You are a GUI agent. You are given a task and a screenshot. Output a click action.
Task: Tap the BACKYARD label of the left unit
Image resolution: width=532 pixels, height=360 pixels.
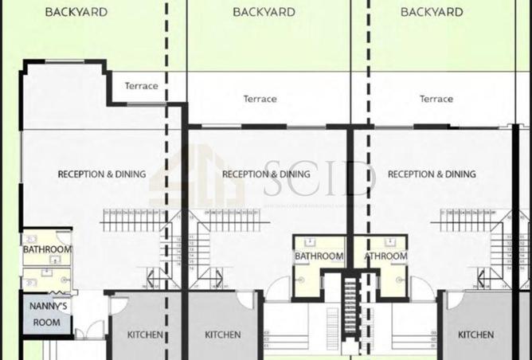click(x=76, y=12)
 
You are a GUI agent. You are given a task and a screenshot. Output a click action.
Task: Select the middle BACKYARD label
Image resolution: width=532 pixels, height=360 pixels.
click(x=264, y=12)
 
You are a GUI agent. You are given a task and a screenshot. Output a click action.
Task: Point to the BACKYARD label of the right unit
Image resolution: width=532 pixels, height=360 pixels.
click(x=431, y=12)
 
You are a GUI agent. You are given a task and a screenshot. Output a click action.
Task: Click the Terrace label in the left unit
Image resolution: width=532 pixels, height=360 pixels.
click(x=141, y=86)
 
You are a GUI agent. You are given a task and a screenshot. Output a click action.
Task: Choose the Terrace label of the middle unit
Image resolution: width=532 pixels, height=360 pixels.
click(x=260, y=99)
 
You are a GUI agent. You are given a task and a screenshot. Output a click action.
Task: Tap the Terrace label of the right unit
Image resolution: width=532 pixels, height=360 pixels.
click(x=436, y=99)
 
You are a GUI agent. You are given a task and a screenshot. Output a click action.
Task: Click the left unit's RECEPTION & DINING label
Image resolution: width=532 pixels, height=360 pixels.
click(x=102, y=174)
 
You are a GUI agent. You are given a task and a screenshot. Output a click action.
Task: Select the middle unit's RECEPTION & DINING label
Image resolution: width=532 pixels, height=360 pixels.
click(x=266, y=174)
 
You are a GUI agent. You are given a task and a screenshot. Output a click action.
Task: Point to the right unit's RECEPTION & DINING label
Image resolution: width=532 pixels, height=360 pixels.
click(x=431, y=174)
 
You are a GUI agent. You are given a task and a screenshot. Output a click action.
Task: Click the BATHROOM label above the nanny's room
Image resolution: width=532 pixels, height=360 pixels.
click(x=47, y=249)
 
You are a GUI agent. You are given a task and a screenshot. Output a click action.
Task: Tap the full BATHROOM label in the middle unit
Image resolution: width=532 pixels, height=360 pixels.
click(x=319, y=256)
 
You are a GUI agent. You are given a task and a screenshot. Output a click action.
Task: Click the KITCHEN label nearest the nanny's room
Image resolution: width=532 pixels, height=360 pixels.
click(x=145, y=335)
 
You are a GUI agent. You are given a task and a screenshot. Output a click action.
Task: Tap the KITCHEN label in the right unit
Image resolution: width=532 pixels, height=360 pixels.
click(x=475, y=335)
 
